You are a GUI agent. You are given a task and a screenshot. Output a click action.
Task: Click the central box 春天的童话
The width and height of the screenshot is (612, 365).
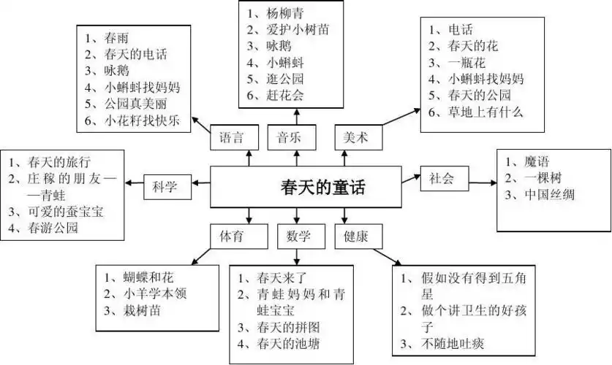[x=306, y=186]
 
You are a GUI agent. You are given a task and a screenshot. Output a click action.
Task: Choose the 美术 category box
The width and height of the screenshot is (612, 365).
[x=357, y=137]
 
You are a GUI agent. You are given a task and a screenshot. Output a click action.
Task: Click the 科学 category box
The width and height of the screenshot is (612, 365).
[x=165, y=186]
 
